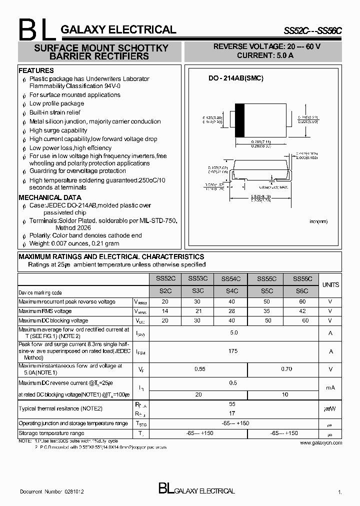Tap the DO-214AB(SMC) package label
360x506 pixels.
point(235,78)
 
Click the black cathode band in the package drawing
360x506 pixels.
point(240,119)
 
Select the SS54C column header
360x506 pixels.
point(231,279)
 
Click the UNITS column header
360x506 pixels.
point(330,284)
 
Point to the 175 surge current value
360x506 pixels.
point(233,351)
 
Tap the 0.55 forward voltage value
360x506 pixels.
point(200,368)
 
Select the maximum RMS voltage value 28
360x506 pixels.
point(231,311)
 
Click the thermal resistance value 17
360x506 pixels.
point(232,413)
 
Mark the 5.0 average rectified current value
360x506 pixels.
point(233,332)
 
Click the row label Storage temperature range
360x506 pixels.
point(51,433)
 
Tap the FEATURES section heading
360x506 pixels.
point(36,71)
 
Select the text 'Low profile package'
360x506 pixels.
point(56,103)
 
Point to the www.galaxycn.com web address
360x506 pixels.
point(321,442)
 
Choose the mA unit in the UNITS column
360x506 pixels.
point(330,387)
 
